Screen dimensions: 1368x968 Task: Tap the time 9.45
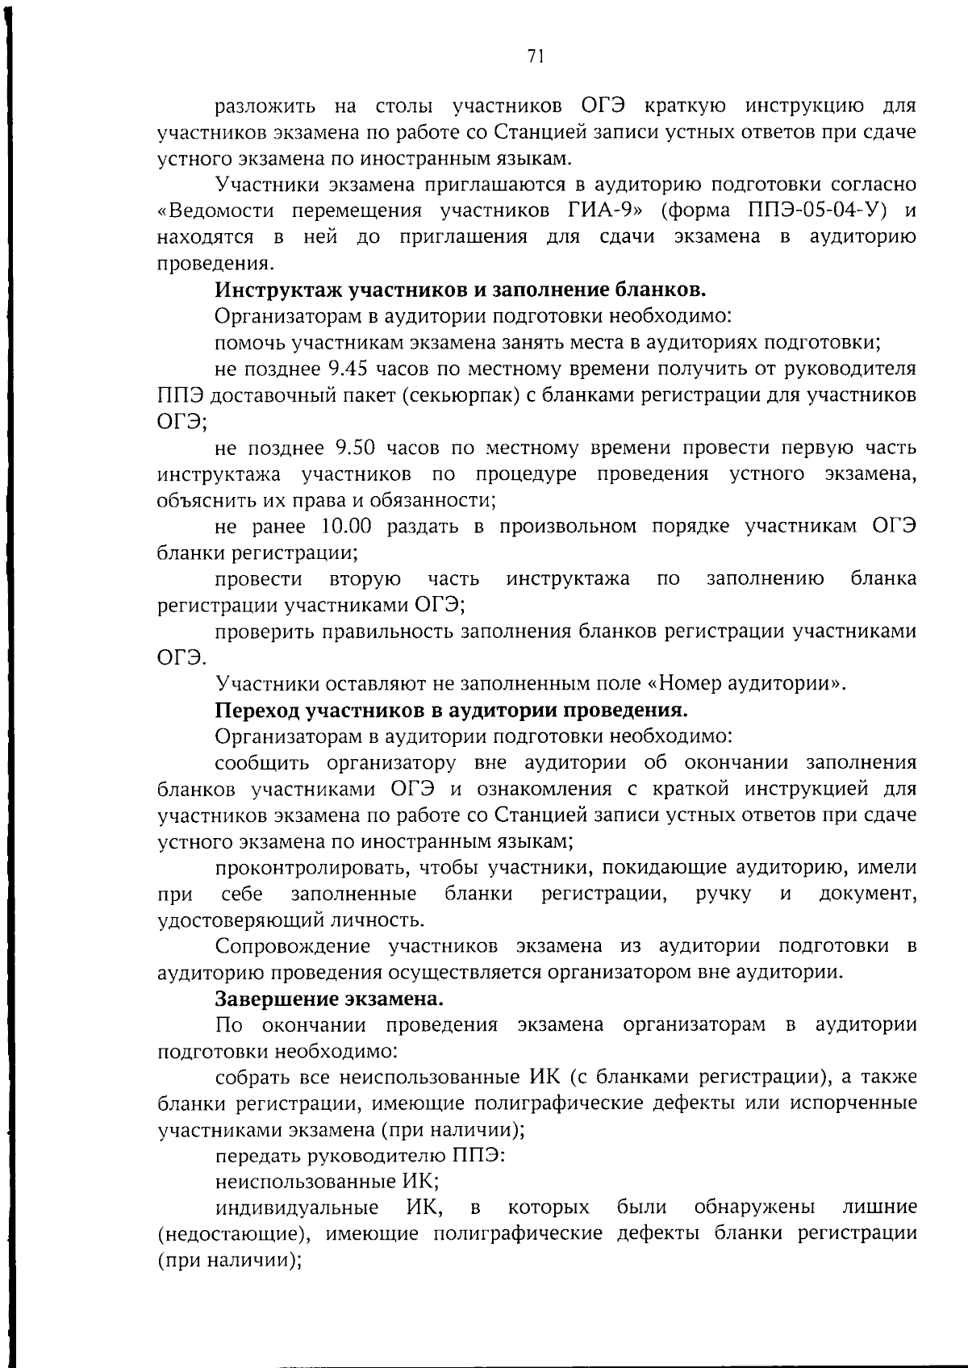coord(349,369)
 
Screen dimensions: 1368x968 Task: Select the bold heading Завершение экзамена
coord(329,999)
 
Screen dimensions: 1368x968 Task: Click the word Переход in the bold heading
coord(257,711)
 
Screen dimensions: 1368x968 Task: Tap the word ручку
coord(724,894)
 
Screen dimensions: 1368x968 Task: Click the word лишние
coord(879,1207)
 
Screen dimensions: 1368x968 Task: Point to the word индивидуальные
coord(296,1207)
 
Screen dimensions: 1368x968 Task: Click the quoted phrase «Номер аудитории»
coord(746,684)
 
